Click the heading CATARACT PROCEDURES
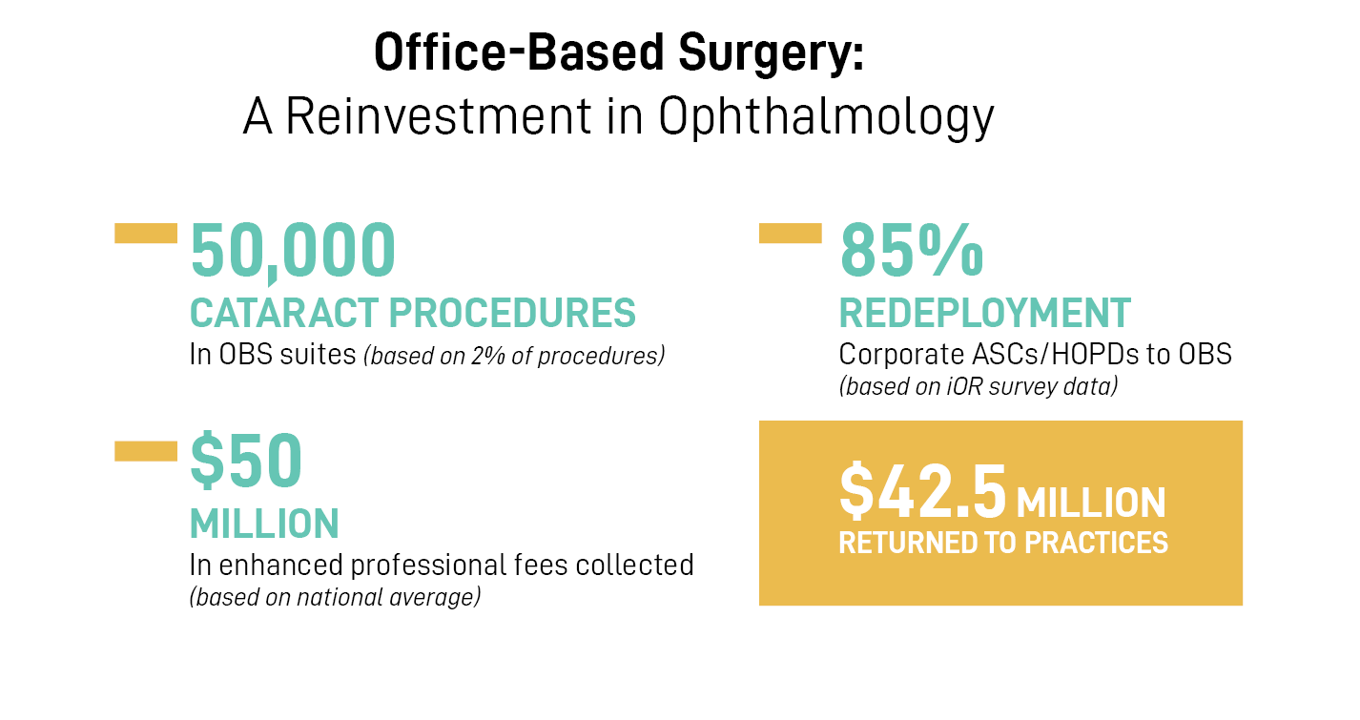pyautogui.click(x=413, y=313)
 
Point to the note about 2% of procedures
pyautogui.click(x=513, y=357)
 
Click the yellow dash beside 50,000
pyautogui.click(x=146, y=233)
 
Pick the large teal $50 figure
pyautogui.click(x=246, y=462)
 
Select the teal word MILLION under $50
pyautogui.click(x=264, y=524)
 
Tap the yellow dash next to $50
pyautogui.click(x=146, y=451)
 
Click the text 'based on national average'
pyautogui.click(x=335, y=598)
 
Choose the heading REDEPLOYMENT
pyautogui.click(x=984, y=313)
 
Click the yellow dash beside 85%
pyautogui.click(x=790, y=233)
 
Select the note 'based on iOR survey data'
pyautogui.click(x=979, y=387)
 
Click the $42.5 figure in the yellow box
pyautogui.click(x=922, y=490)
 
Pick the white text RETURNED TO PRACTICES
pyautogui.click(x=1003, y=543)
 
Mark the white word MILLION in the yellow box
pyautogui.click(x=1091, y=503)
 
